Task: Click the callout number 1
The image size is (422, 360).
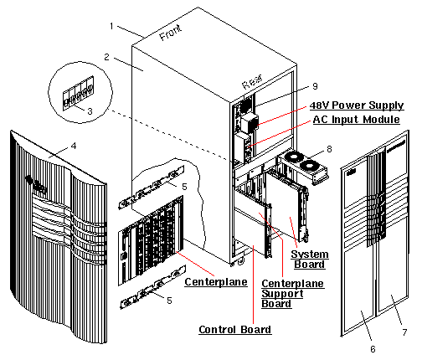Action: click(x=111, y=26)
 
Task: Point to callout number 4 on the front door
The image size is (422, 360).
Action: click(x=73, y=145)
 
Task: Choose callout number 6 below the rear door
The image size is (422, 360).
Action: click(x=373, y=348)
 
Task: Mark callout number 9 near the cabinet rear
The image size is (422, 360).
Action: click(x=315, y=85)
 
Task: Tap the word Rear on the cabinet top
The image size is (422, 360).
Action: click(x=252, y=84)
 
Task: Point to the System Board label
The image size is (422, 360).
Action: click(x=309, y=260)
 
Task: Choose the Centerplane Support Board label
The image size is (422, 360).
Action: click(x=288, y=293)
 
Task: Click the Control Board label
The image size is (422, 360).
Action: click(x=234, y=330)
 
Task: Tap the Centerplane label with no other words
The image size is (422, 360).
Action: click(x=215, y=282)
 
